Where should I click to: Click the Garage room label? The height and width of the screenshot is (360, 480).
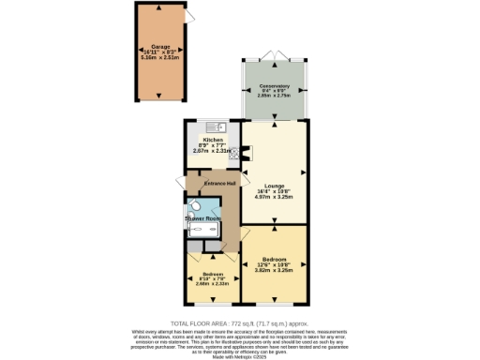pyautogui.click(x=159, y=44)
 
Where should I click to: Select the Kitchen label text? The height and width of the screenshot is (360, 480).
pyautogui.click(x=212, y=140)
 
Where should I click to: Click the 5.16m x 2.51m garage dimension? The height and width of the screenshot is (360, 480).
pyautogui.click(x=159, y=57)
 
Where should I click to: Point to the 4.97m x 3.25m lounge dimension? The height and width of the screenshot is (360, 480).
pyautogui.click(x=274, y=198)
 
